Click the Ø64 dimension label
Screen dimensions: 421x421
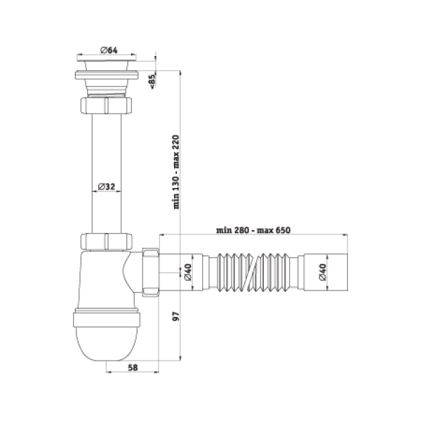click(x=109, y=51)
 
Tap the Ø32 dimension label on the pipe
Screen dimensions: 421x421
click(x=107, y=187)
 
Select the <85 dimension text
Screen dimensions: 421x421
click(x=152, y=80)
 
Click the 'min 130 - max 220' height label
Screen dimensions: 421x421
click(x=176, y=172)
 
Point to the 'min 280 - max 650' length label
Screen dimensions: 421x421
click(x=253, y=230)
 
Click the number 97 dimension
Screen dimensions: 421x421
click(x=176, y=316)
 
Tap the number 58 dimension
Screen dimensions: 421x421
click(x=133, y=368)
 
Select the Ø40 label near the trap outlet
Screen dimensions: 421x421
click(x=188, y=272)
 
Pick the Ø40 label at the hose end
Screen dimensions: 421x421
click(x=323, y=272)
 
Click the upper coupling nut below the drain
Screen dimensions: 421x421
click(x=106, y=106)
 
